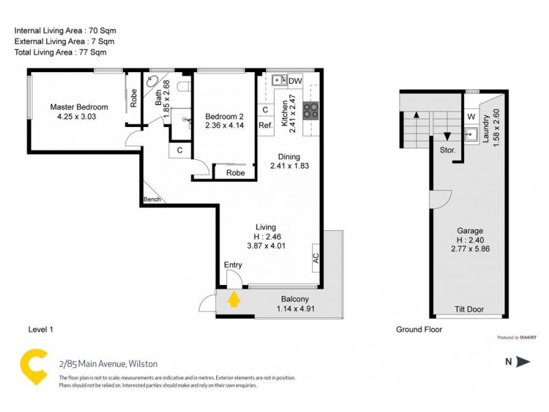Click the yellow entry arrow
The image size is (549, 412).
[234, 299]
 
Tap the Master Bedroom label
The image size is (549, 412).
[79, 107]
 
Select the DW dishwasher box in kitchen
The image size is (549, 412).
[295, 81]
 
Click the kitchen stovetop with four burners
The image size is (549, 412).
[310, 110]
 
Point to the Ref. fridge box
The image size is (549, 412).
[266, 125]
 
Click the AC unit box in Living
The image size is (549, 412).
[316, 257]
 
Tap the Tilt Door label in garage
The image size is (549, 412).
[469, 310]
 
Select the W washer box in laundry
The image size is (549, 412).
[471, 117]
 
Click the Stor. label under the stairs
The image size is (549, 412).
[448, 150]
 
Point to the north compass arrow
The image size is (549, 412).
[524, 362]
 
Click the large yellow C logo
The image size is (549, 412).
[32, 363]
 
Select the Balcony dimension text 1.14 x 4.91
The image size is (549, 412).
[294, 309]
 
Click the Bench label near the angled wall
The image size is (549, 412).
[152, 200]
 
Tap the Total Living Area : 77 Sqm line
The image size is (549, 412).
[60, 51]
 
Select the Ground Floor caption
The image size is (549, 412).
[419, 330]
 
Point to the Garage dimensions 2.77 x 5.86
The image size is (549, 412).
[470, 251]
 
